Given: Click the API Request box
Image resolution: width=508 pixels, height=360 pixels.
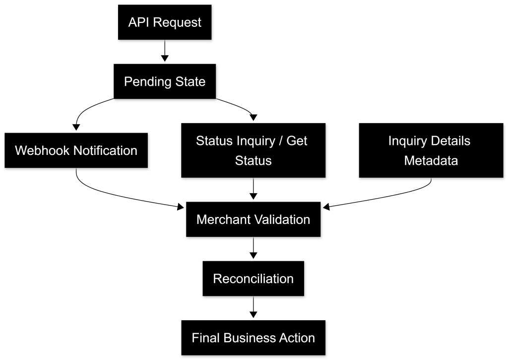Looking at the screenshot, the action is coord(165,22).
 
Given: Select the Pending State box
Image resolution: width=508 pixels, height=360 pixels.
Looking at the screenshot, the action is coord(165,81).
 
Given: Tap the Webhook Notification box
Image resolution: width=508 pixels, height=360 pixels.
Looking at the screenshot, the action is coord(76,150).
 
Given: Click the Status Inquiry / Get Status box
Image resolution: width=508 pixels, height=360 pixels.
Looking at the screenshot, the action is coord(253,150).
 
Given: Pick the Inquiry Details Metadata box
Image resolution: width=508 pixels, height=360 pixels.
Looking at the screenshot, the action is coord(431,150).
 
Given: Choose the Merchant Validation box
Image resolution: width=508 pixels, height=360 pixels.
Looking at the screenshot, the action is coord(253,219).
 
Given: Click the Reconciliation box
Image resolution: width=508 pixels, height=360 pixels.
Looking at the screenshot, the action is coord(253,279).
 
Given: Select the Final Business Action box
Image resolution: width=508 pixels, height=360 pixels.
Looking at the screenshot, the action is coord(253,338).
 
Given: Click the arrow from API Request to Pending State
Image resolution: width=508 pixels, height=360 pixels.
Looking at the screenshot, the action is coord(165,51).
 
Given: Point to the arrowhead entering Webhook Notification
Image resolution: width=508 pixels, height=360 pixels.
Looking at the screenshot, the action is coord(76,127).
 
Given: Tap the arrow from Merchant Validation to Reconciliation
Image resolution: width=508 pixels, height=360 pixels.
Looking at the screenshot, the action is coord(254,248).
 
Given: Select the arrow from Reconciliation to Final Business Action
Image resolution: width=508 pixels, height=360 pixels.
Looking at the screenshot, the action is coord(254,307).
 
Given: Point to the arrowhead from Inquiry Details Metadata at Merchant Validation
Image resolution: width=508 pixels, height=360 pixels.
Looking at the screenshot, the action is coord(326,207).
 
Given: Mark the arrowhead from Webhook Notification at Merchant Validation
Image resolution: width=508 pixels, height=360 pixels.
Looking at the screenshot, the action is coord(181,207).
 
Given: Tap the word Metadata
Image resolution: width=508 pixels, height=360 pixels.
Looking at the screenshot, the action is coord(431,160).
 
